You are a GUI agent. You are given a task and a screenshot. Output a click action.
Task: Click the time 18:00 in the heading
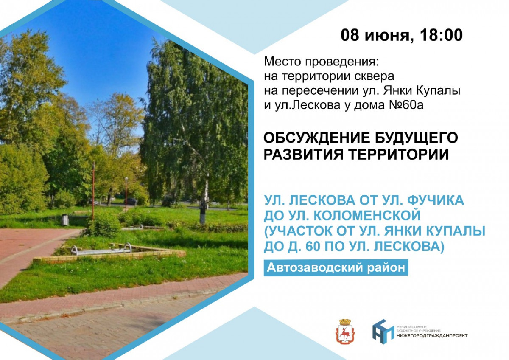coord(440,35)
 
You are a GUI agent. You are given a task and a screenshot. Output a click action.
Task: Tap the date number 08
coord(350,35)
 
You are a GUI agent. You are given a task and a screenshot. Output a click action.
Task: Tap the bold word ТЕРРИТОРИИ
coord(399,155)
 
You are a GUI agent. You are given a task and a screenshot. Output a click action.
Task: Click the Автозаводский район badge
coord(336,268)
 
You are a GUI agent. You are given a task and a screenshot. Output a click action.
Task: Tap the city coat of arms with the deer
coord(345,332)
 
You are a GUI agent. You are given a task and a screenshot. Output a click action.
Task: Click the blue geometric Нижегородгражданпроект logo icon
coord(383,332)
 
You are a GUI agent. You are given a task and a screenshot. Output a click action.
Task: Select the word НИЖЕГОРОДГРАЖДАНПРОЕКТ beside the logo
coord(432,336)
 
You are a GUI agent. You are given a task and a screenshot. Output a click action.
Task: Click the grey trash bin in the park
coord(65,219)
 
